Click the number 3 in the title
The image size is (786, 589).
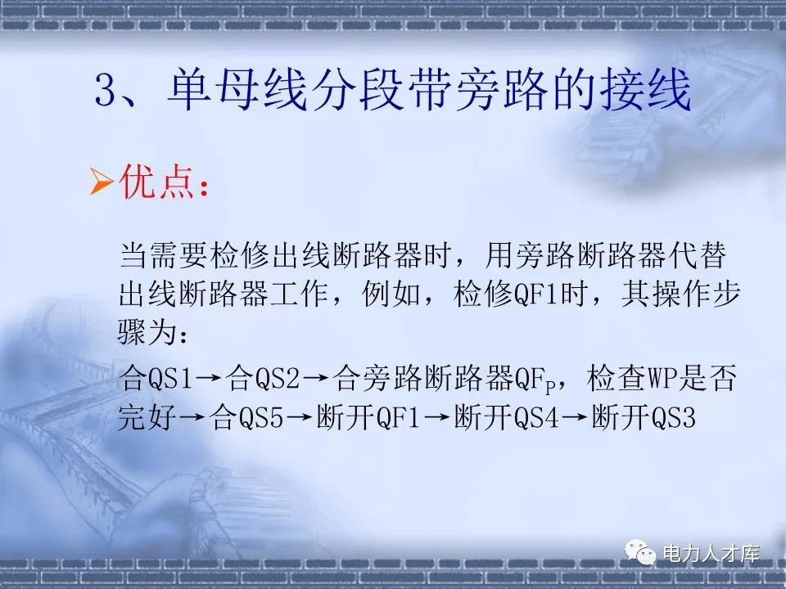pyautogui.click(x=107, y=92)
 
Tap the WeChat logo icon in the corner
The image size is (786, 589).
pyautogui.click(x=642, y=554)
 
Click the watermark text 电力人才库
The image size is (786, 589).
pyautogui.click(x=710, y=554)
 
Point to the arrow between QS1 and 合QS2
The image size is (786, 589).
pyautogui.click(x=210, y=380)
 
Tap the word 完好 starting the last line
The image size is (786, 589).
pyautogui.click(x=148, y=420)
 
